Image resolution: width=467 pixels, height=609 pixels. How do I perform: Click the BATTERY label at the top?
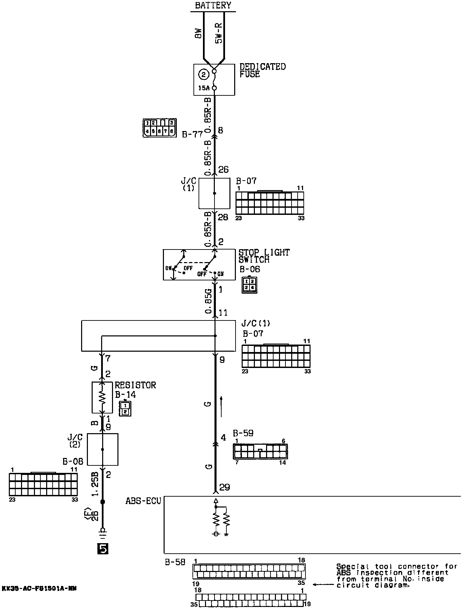213,5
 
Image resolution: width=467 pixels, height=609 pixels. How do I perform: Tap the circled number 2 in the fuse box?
203,74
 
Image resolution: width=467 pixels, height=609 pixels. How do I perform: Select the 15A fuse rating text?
204,88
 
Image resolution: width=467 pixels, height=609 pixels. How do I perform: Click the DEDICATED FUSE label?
262,70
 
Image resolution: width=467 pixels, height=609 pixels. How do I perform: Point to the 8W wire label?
199,33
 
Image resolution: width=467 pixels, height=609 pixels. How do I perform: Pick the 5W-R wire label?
219,33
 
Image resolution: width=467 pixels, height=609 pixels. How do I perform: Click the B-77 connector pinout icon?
160,128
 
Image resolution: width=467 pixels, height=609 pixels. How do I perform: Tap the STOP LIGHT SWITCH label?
264,256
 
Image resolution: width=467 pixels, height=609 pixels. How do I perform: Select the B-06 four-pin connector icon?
249,285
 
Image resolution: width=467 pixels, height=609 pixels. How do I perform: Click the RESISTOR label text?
135,385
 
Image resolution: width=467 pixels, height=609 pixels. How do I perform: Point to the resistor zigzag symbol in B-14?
102,397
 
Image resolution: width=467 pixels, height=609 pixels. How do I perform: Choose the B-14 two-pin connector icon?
125,408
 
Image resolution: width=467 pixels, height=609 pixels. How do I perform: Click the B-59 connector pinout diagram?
260,451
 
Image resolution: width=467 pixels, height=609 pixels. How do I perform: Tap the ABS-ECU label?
143,501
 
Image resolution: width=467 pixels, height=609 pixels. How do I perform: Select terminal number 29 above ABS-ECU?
224,487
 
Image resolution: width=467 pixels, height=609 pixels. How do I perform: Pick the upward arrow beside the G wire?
221,406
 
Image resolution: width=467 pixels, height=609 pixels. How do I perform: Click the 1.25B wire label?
95,484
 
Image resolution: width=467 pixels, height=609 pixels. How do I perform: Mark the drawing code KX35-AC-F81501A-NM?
39,588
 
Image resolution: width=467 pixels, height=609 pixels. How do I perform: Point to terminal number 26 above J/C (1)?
223,169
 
